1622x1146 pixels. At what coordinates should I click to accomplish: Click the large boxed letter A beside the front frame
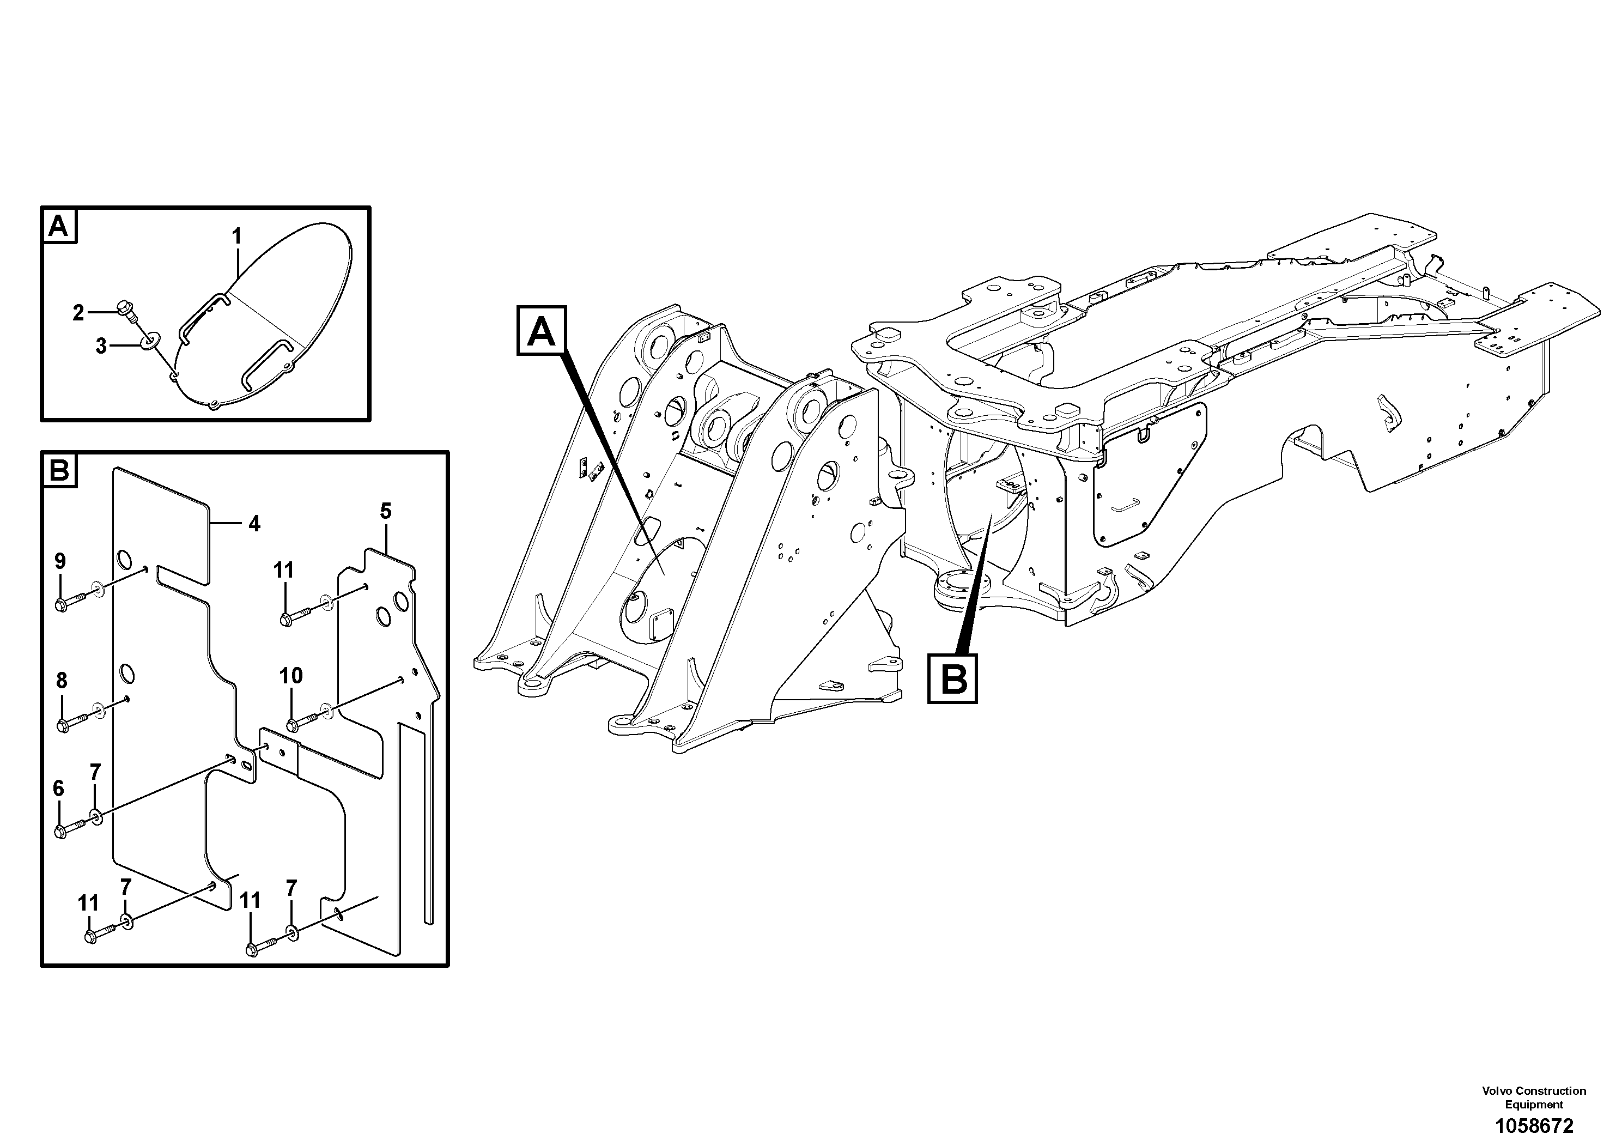click(542, 331)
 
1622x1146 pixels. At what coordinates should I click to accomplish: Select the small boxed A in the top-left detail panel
click(59, 226)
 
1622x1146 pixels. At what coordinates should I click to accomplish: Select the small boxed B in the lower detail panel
click(60, 470)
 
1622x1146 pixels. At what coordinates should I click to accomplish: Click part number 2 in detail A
click(78, 312)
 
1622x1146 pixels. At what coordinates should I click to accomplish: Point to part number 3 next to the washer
click(101, 346)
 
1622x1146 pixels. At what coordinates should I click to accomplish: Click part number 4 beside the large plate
click(254, 524)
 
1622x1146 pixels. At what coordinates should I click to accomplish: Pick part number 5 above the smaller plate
click(386, 511)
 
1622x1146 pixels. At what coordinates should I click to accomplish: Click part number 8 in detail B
click(62, 681)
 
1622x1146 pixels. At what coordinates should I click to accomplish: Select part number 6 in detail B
click(59, 788)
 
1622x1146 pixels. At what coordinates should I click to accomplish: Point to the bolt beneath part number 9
click(62, 605)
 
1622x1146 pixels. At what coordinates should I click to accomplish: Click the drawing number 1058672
click(1533, 1125)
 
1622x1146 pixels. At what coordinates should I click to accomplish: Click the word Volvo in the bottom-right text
click(1496, 1091)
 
